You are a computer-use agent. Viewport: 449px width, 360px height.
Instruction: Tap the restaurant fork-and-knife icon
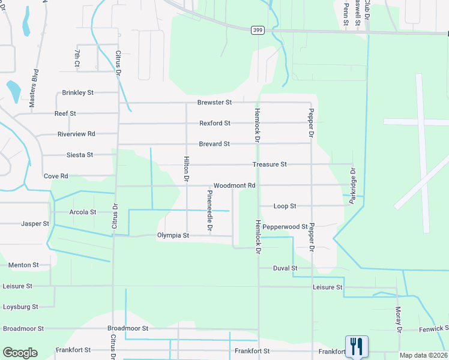(357, 345)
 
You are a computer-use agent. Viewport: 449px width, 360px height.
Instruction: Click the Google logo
(20, 353)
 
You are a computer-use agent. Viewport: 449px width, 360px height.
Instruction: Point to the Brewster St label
(215, 103)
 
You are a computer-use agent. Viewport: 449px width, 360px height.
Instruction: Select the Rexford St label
(215, 123)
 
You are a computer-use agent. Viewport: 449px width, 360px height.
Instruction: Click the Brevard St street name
(215, 144)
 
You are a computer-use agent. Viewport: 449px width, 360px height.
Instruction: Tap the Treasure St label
(270, 164)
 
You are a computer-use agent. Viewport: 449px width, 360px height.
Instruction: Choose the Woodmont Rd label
(235, 185)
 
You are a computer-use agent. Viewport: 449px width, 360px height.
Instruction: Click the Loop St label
(285, 206)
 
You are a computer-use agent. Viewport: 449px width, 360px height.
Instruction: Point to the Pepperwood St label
(285, 227)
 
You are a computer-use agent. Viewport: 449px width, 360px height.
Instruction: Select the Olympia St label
(173, 236)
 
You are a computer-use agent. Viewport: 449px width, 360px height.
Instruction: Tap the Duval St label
(285, 268)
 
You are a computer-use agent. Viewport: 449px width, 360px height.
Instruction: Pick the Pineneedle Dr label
(209, 211)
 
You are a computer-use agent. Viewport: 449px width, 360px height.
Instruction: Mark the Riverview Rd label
(76, 134)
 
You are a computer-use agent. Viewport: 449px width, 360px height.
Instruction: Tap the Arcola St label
(83, 212)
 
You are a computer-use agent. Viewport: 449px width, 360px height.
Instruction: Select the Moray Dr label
(398, 319)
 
